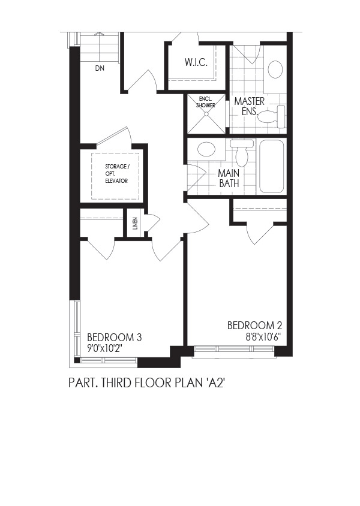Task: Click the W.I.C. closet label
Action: pyautogui.click(x=196, y=62)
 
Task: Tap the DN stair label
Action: pyautogui.click(x=100, y=68)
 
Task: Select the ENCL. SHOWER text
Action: pyautogui.click(x=206, y=103)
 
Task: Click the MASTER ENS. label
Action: pyautogui.click(x=249, y=106)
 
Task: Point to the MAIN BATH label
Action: pyautogui.click(x=229, y=178)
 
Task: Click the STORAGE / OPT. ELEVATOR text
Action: pyautogui.click(x=117, y=174)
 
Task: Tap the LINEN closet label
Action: pyautogui.click(x=135, y=223)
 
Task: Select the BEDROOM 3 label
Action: pyautogui.click(x=114, y=338)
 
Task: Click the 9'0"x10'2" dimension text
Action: pyautogui.click(x=106, y=348)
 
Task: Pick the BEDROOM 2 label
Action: pyautogui.click(x=255, y=326)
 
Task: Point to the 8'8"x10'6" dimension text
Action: pyautogui.click(x=263, y=337)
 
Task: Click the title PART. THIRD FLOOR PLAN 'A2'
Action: pyautogui.click(x=146, y=382)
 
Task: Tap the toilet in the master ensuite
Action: pyautogui.click(x=272, y=116)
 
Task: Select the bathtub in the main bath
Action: pyautogui.click(x=271, y=166)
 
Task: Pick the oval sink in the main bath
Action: pyautogui.click(x=206, y=149)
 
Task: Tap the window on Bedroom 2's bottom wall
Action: pyautogui.click(x=234, y=349)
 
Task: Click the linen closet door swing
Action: pyautogui.click(x=152, y=222)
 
